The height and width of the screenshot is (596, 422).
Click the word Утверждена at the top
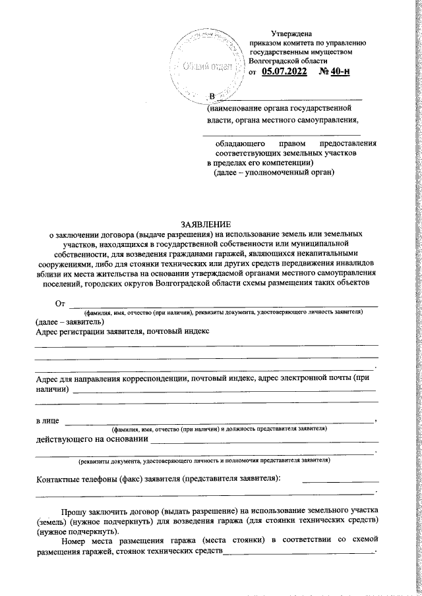292,34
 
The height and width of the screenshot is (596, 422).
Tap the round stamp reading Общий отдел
206,67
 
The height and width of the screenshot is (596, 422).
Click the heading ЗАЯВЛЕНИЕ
206,224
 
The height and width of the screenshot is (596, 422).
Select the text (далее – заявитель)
69,322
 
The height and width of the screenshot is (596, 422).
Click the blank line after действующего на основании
264,439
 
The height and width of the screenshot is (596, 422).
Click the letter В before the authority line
212,97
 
